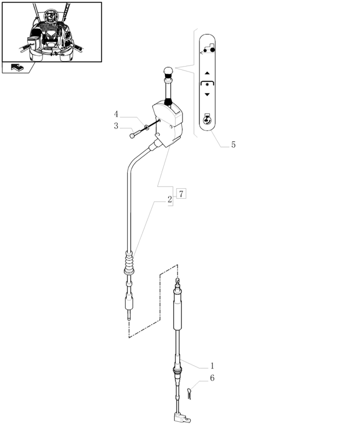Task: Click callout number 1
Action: coord(212,366)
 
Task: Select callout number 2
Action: coord(170,200)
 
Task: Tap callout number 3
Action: coord(116,126)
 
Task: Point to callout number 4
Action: coord(116,114)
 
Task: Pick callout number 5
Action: coord(233,145)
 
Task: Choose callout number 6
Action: coord(212,378)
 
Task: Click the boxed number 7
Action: coord(181,194)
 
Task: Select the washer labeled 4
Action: coord(146,127)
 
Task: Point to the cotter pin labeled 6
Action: coord(189,394)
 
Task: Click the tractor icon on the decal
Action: coord(209,49)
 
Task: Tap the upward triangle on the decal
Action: coord(207,73)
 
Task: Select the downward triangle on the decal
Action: coord(207,94)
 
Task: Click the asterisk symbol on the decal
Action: coord(207,85)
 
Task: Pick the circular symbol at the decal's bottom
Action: coord(207,120)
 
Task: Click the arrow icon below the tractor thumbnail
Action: coord(17,68)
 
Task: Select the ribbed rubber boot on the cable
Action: coord(129,263)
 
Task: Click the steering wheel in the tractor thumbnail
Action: coord(51,16)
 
